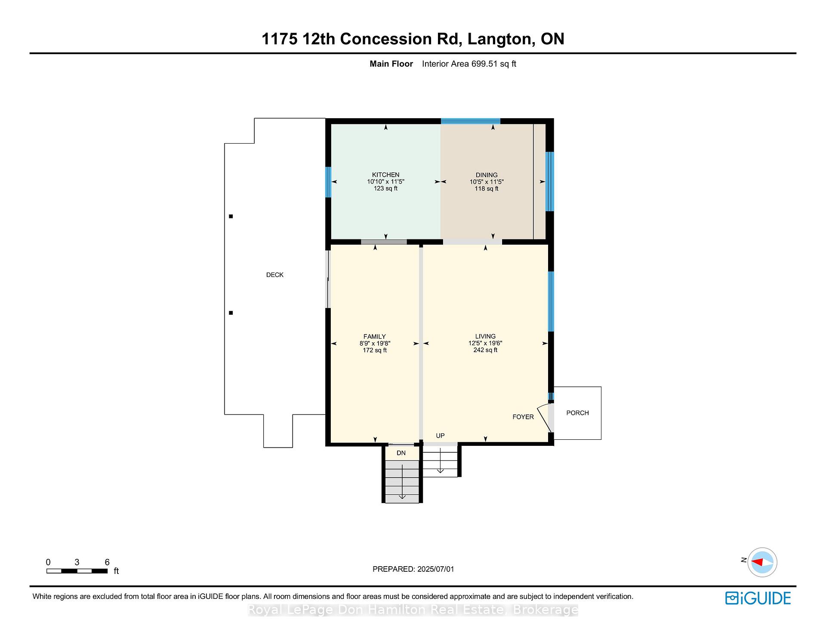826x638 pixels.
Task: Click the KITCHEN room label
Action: coord(385,175)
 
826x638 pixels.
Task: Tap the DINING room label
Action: coord(487,175)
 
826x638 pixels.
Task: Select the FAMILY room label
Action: coord(375,337)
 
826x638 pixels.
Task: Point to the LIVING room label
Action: coord(485,336)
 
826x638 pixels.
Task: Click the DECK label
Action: coord(275,275)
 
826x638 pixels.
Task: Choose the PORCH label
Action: coord(577,413)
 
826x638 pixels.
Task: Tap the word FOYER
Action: coord(523,417)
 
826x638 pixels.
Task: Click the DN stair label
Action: coord(401,453)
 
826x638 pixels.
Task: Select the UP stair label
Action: coord(440,436)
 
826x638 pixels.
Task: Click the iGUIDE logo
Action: coord(758,598)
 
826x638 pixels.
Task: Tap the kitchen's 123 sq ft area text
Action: coord(385,188)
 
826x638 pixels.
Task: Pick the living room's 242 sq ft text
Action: coord(485,350)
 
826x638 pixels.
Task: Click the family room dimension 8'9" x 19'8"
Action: coord(375,344)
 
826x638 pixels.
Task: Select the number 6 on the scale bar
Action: coord(107,562)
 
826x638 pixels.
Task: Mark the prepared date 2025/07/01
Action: coord(435,569)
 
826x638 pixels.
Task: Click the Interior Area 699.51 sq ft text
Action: coord(469,64)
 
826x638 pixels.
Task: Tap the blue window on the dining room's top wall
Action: coord(471,121)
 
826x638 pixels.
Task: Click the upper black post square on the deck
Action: coord(231,216)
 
